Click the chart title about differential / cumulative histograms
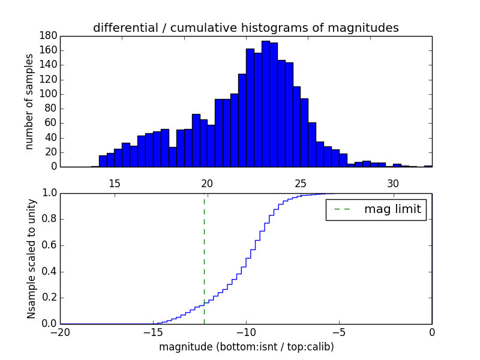coord(245,28)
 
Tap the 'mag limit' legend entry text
coord(392,210)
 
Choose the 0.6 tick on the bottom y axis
coord(49,245)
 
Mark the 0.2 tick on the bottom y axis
coord(49,298)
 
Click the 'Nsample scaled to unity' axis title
coord(31,259)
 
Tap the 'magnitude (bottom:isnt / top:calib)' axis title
coord(246,347)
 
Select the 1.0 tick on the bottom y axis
coord(49,193)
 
